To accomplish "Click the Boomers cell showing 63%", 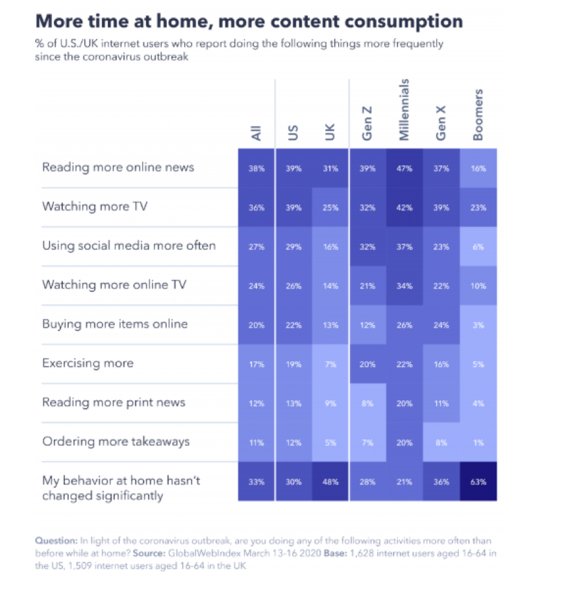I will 477,481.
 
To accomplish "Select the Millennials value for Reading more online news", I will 404,168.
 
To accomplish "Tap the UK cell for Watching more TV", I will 330,207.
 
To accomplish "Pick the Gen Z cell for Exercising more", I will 367,364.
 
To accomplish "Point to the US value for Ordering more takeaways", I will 293,442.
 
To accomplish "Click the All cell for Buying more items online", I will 256,324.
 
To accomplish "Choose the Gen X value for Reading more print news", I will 441,403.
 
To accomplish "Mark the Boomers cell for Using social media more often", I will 477,246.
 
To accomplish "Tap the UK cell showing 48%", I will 330,481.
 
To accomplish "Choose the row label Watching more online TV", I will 110,285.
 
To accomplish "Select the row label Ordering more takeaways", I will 116,442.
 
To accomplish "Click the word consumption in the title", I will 398,21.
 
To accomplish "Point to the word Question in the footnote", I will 56,540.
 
